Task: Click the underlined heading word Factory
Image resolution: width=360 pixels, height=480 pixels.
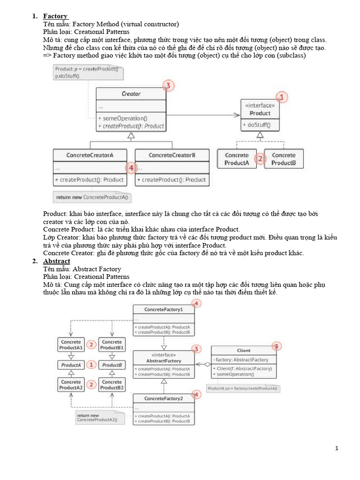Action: tap(55, 16)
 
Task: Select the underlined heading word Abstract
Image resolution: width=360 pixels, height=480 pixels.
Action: tap(57, 261)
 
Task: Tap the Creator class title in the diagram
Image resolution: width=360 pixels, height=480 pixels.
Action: tap(131, 94)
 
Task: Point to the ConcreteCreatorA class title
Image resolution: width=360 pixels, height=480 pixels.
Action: tap(90, 155)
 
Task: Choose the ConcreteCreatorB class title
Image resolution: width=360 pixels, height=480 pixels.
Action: tap(172, 155)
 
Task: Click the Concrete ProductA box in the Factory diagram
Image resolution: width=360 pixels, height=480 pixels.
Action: tap(237, 159)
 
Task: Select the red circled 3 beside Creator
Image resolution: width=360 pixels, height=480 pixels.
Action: tap(169, 86)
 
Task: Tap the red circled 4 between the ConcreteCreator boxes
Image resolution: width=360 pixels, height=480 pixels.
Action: tap(131, 167)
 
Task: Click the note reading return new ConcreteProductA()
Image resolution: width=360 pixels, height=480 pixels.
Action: tap(92, 197)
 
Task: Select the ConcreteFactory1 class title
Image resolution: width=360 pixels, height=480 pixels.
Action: tap(163, 310)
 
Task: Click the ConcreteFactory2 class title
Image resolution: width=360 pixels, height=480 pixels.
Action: tap(163, 398)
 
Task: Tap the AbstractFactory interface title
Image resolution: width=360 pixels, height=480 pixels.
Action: tap(163, 358)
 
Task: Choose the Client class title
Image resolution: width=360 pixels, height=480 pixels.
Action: tap(244, 350)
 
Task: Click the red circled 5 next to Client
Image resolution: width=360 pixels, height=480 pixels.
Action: tap(277, 346)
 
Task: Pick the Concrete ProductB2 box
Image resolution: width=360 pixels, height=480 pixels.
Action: tap(112, 385)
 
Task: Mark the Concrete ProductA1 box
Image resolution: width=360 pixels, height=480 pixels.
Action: tap(71, 345)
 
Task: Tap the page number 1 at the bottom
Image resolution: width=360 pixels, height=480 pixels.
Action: tap(337, 448)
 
